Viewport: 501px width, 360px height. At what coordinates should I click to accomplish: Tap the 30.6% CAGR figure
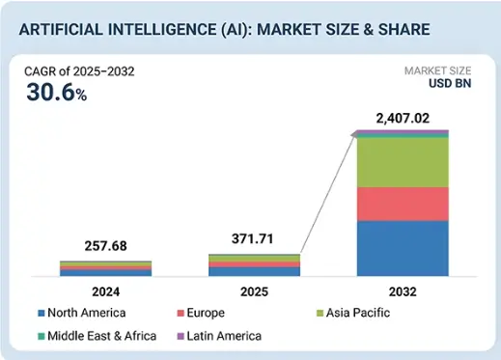[x=55, y=92]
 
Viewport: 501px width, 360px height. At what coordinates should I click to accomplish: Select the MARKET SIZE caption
[x=439, y=71]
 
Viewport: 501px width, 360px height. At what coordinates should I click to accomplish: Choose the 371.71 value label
[x=254, y=237]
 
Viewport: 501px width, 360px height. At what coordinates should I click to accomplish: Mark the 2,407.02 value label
[x=402, y=120]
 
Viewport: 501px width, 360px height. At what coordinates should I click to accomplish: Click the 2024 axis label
[x=91, y=290]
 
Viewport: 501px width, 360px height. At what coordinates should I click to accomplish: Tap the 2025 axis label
[x=254, y=290]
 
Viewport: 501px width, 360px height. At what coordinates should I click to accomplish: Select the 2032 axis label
[x=402, y=290]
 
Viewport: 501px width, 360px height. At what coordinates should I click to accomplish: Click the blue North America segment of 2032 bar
[x=402, y=249]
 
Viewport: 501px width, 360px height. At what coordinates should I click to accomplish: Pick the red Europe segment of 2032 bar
[x=402, y=204]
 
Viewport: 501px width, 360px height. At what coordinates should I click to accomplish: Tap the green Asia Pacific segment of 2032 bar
[x=402, y=162]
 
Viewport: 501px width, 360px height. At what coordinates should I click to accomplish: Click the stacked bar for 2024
[x=91, y=268]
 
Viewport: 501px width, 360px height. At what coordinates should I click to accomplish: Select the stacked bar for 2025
[x=254, y=265]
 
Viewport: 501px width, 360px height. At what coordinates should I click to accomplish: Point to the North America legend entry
[x=87, y=314]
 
